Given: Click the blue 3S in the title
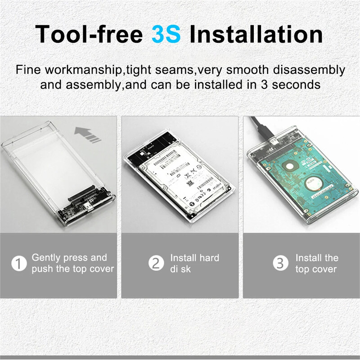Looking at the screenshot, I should pos(166,35).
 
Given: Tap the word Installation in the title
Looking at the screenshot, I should pos(256,35).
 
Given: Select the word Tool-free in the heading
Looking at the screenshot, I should pos(89,35).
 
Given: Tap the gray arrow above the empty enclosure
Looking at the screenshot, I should pos(88,134).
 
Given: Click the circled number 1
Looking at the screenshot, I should pos(19,264).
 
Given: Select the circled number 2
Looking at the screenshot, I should pos(156,264).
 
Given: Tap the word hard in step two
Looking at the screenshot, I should pos(208,258).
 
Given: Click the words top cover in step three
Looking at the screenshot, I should pos(316,270).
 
